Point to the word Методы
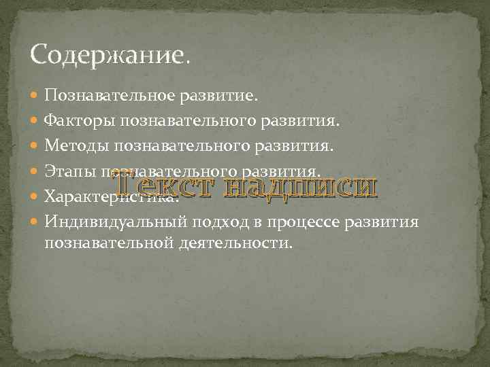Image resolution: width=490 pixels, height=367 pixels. point(76,146)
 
